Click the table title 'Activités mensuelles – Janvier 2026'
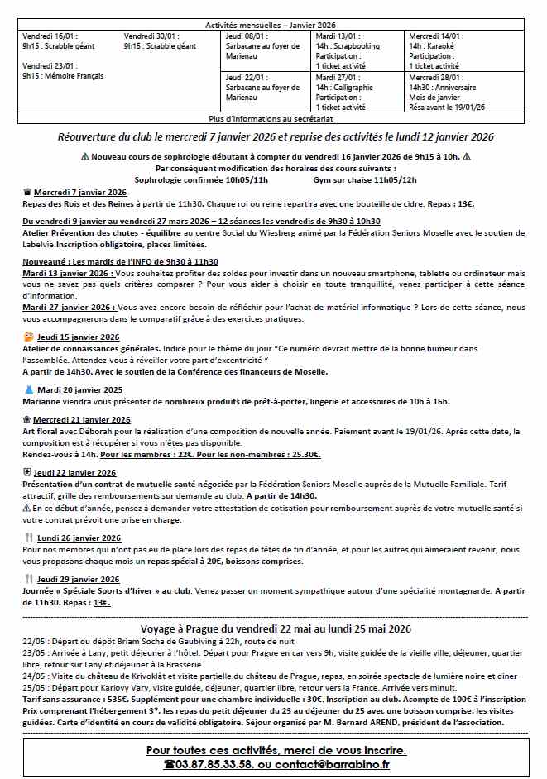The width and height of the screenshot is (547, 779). (x=273, y=26)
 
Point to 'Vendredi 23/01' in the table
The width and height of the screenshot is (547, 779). (x=50, y=66)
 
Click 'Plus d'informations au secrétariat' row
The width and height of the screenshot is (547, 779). (x=274, y=119)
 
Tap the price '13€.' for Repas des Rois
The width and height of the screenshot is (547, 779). (x=466, y=203)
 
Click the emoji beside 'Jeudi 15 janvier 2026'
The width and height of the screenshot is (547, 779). (x=29, y=337)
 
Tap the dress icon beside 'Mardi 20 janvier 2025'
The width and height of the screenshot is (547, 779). (x=29, y=389)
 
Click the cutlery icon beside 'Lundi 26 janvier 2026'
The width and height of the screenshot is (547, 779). (x=29, y=538)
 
